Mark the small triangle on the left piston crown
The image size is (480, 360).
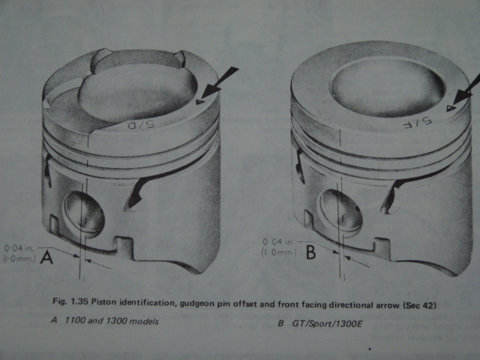[x=199, y=102]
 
